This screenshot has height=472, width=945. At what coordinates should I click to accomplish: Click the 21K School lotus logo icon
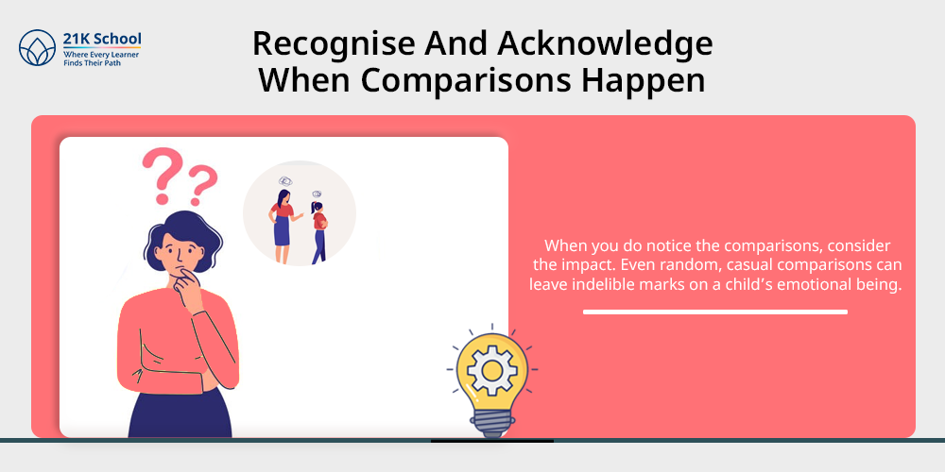(x=38, y=47)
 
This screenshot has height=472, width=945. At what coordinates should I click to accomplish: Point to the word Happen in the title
(x=643, y=82)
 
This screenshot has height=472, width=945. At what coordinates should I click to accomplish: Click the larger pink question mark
(x=161, y=176)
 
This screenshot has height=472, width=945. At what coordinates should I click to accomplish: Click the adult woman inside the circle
(x=283, y=226)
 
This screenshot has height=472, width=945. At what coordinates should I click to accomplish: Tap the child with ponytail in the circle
(x=319, y=232)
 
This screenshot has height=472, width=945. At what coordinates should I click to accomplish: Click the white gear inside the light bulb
(x=491, y=371)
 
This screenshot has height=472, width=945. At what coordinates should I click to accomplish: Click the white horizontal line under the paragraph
(x=714, y=312)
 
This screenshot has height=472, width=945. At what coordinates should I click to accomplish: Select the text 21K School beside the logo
(x=102, y=40)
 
